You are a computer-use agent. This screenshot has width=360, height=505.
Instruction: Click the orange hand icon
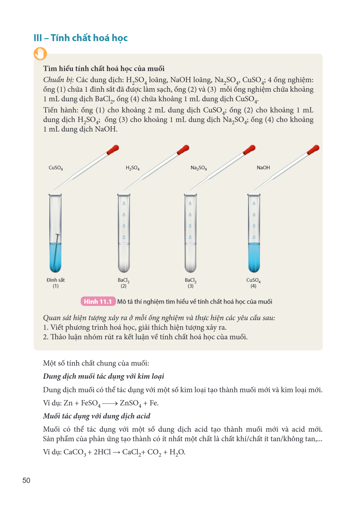coord(40,54)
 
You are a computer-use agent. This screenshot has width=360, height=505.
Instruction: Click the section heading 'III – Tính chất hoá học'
coord(81,38)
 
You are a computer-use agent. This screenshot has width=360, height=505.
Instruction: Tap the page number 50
coord(26,480)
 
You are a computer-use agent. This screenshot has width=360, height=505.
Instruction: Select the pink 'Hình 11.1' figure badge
coord(98,301)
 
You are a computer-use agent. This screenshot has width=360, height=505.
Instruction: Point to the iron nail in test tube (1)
coord(56,252)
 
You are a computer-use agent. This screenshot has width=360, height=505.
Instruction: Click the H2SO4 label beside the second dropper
coord(133,168)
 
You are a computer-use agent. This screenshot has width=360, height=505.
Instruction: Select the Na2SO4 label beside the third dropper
coord(199,168)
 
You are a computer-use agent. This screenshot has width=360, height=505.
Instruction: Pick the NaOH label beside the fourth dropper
coord(263,167)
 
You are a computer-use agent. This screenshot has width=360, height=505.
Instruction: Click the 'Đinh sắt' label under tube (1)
coord(56,280)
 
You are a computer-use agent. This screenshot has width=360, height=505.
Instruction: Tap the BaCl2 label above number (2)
coord(123,280)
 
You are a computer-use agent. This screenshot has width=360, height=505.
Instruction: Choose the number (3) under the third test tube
coord(191,286)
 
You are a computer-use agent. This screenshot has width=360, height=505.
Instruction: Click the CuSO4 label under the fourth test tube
coord(253,280)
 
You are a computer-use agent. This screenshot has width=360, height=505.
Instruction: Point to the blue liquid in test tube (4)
coord(254,257)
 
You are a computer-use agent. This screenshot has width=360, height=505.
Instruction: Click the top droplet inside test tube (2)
coord(124,204)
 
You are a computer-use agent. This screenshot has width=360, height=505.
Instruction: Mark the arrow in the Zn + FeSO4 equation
coord(110,403)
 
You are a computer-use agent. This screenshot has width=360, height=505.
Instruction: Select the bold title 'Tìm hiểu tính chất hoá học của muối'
coord(104,68)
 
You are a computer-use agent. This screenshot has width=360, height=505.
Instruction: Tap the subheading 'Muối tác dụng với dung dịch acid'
coord(97,416)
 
